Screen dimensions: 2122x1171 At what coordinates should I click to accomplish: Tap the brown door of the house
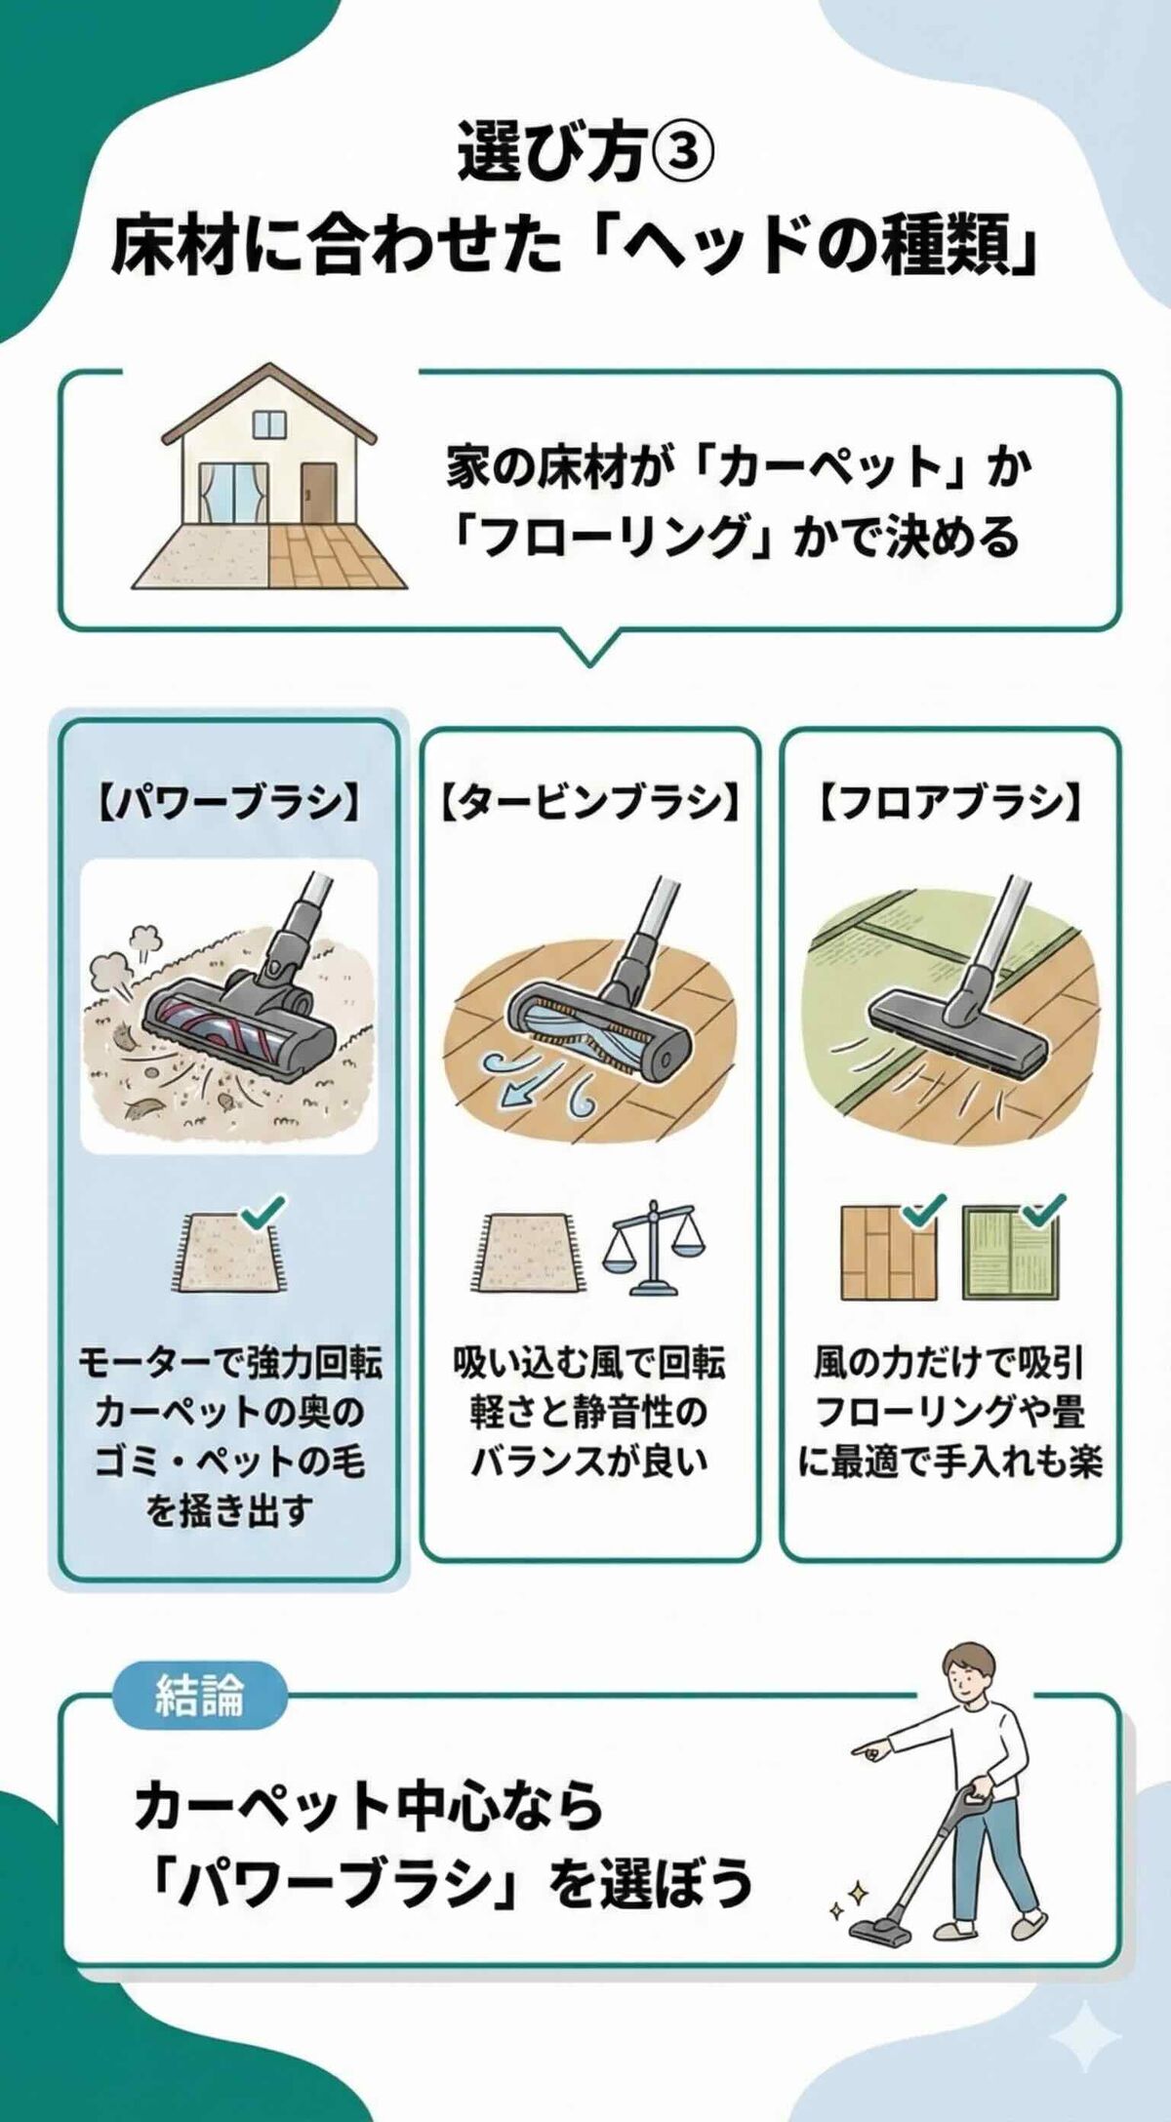click(x=318, y=494)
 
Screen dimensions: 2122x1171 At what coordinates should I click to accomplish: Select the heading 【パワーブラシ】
click(x=229, y=803)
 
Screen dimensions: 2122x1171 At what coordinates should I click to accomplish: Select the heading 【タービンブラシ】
click(x=588, y=803)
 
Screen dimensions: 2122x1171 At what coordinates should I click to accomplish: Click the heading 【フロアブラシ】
click(x=949, y=803)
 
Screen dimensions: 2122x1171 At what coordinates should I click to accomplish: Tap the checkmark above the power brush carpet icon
click(x=262, y=1212)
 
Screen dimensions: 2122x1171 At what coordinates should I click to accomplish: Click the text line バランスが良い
click(x=588, y=1462)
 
